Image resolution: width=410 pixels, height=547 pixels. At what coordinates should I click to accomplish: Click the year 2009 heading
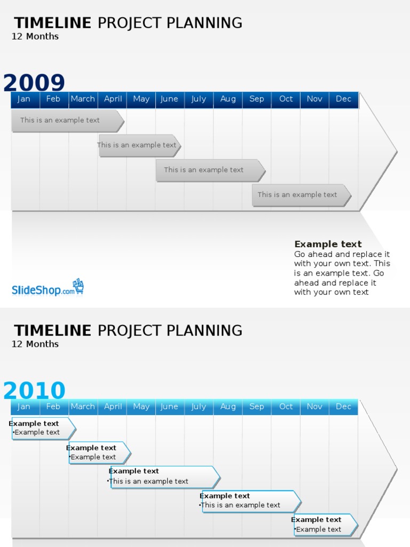click(x=34, y=83)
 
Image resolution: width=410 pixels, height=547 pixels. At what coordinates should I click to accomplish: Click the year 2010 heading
click(x=34, y=390)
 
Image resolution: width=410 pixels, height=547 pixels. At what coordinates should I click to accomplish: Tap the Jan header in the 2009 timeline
click(x=24, y=99)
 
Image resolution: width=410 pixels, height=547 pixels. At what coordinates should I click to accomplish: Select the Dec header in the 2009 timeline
click(x=343, y=99)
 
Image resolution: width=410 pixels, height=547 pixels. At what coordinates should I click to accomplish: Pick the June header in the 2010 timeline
click(x=169, y=407)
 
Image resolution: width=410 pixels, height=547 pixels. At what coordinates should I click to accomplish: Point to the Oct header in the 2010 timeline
click(x=286, y=407)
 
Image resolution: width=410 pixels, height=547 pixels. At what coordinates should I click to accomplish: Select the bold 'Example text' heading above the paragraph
click(x=328, y=244)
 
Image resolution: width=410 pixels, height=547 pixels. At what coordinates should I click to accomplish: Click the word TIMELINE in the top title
click(x=52, y=23)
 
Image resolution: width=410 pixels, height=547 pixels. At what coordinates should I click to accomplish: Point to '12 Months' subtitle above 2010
click(x=35, y=344)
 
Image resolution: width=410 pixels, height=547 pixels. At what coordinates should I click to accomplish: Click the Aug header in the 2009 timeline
click(x=228, y=99)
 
